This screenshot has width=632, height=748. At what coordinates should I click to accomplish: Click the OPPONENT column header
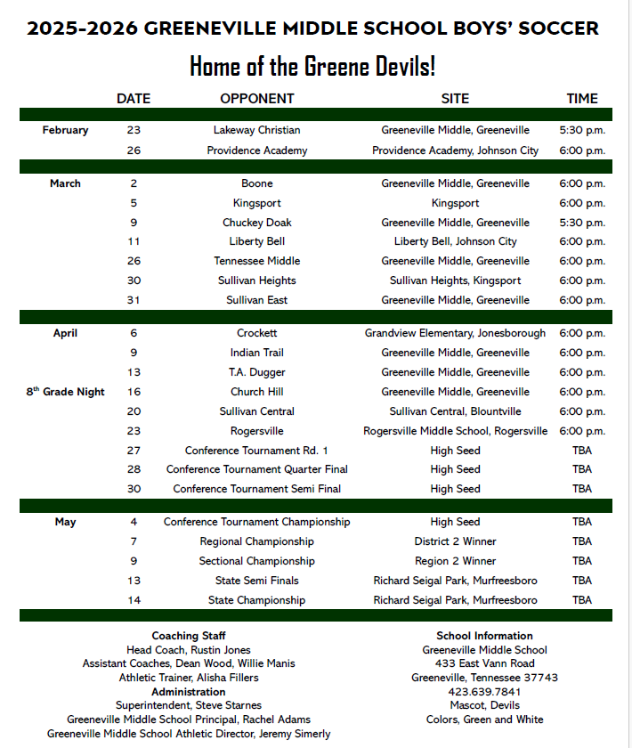pos(256,99)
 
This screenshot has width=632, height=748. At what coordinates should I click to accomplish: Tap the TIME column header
pos(582,99)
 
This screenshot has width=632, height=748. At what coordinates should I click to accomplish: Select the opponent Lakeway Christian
pos(256,130)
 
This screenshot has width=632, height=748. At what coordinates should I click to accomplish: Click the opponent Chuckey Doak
pos(256,223)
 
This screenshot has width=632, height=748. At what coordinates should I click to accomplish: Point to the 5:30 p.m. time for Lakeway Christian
pos(582,130)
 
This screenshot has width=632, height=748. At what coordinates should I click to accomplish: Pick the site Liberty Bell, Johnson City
pos(455,241)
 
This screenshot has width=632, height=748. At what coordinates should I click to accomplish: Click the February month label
pos(65,130)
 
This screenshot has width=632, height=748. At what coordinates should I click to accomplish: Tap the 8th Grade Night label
pos(65,392)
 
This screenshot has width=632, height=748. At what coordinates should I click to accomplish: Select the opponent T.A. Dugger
pos(256,372)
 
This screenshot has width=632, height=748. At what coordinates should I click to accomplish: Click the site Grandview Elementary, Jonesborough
pos(455,333)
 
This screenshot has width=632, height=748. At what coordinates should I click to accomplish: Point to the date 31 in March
pos(134,300)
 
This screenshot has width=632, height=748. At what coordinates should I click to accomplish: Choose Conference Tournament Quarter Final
pos(256,469)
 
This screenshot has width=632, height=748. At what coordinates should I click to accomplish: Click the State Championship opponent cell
pos(256,600)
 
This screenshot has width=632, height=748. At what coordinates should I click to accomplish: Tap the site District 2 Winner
pos(455,541)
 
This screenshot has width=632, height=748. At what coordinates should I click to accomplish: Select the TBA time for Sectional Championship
pos(582,561)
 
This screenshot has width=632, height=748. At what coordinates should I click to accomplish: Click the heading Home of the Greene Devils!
pos(312,66)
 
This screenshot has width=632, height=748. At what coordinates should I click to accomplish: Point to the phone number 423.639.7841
pos(484,691)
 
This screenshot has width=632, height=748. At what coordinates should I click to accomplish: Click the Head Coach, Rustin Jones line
pos(189,650)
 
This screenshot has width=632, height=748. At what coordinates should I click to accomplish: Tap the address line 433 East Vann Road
pos(484,663)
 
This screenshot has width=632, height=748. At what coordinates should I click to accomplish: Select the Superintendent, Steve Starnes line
pos(189,705)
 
